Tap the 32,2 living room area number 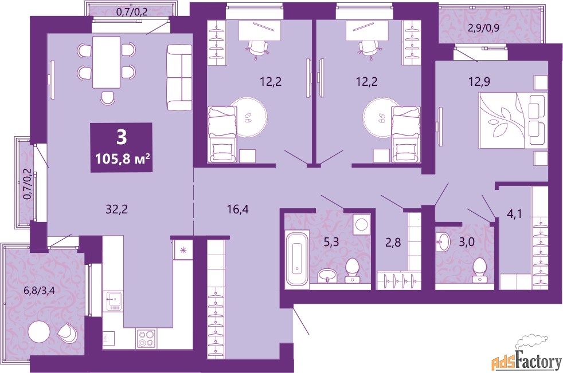point(116,210)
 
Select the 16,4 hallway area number point(237,209)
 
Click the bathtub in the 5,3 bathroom point(297,257)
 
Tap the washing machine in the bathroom point(361,224)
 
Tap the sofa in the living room point(179,77)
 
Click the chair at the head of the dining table point(107,98)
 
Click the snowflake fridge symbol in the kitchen point(183,250)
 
